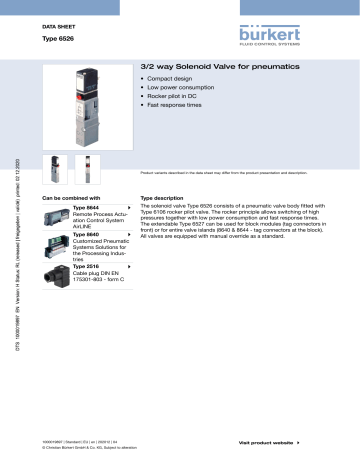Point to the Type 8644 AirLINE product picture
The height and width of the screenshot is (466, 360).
tap(55, 217)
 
